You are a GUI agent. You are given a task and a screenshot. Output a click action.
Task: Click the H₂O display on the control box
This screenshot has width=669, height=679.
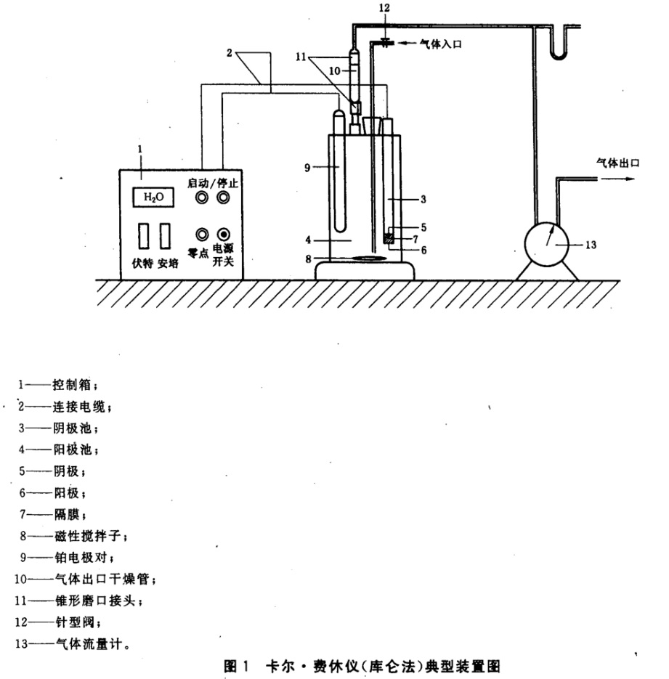coord(153,198)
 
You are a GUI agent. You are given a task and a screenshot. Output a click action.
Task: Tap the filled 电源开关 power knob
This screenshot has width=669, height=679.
coord(224,235)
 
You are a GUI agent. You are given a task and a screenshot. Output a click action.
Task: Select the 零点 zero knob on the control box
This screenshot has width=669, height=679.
coord(202,235)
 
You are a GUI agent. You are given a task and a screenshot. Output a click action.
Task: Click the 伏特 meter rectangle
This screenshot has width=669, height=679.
coord(144,236)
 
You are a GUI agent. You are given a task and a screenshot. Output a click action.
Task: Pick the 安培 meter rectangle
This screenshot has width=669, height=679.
coord(165,236)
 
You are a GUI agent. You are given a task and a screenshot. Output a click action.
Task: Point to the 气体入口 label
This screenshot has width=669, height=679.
coord(440,44)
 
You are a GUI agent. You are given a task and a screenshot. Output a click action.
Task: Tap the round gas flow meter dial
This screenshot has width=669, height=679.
coord(546,244)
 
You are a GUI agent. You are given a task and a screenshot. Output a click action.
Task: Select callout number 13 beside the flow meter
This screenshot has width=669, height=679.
coord(591,245)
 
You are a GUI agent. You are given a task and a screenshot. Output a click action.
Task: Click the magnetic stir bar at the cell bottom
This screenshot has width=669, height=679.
coord(368,258)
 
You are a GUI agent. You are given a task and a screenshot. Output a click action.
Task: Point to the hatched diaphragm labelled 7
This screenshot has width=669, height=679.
coord(389,238)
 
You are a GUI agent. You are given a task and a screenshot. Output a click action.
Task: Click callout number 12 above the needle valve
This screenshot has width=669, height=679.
coord(384,8)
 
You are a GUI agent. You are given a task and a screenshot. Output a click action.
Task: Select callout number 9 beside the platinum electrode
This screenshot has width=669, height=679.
coord(307,168)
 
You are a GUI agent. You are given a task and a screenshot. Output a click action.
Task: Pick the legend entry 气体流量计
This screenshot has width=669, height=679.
coord(89,644)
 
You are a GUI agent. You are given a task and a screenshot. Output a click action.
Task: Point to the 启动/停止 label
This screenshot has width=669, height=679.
coord(213,183)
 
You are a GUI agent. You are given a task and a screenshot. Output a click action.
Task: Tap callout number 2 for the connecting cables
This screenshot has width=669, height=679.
coord(230,53)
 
